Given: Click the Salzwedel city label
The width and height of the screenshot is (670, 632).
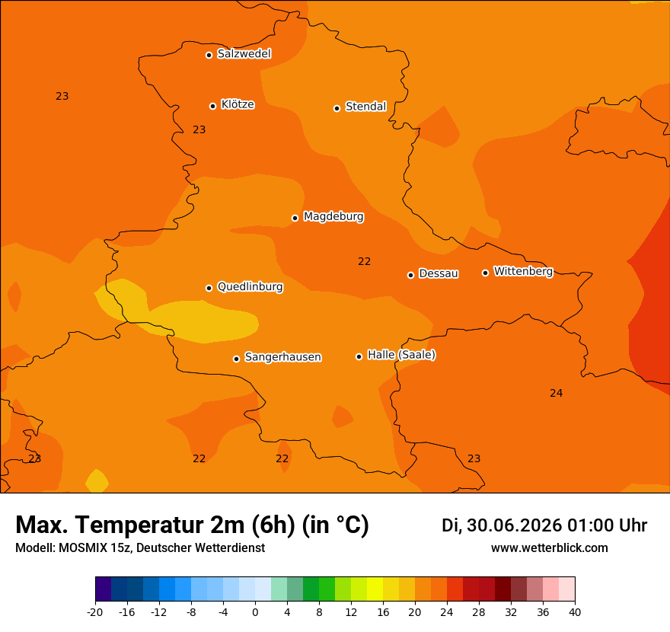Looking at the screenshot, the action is pyautogui.click(x=244, y=54).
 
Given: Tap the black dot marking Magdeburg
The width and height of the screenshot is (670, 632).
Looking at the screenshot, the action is pyautogui.click(x=295, y=218).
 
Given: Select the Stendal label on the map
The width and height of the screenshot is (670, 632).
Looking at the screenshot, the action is pyautogui.click(x=365, y=107).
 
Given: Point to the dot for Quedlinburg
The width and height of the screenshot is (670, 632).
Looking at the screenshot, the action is pyautogui.click(x=209, y=288).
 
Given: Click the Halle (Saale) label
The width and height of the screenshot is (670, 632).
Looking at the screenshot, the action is pyautogui.click(x=402, y=355).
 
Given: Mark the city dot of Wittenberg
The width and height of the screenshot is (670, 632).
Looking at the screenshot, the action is pyautogui.click(x=486, y=273).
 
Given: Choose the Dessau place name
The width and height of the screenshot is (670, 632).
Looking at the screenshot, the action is pyautogui.click(x=439, y=273).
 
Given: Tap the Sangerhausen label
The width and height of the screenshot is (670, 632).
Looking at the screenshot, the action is pyautogui.click(x=283, y=357).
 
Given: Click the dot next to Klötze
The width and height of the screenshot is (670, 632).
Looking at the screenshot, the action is pyautogui.click(x=212, y=106).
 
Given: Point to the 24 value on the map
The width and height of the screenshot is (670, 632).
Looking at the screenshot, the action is pyautogui.click(x=557, y=393).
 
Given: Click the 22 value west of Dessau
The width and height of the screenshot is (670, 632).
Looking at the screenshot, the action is pyautogui.click(x=365, y=261).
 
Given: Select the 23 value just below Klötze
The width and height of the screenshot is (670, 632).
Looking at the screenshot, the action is pyautogui.click(x=199, y=129).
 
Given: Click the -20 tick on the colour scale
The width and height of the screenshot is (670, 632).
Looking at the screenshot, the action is pyautogui.click(x=95, y=612).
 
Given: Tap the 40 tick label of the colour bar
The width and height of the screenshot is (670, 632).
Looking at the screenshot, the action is pyautogui.click(x=575, y=612).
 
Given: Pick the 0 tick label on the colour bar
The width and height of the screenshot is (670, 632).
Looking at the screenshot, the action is pyautogui.click(x=255, y=612).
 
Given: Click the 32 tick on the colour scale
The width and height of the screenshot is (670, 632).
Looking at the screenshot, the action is pyautogui.click(x=511, y=612).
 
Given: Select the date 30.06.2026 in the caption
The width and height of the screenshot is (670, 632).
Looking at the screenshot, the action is pyautogui.click(x=515, y=525).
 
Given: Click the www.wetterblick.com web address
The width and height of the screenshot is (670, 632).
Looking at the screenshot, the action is pyautogui.click(x=550, y=547).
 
